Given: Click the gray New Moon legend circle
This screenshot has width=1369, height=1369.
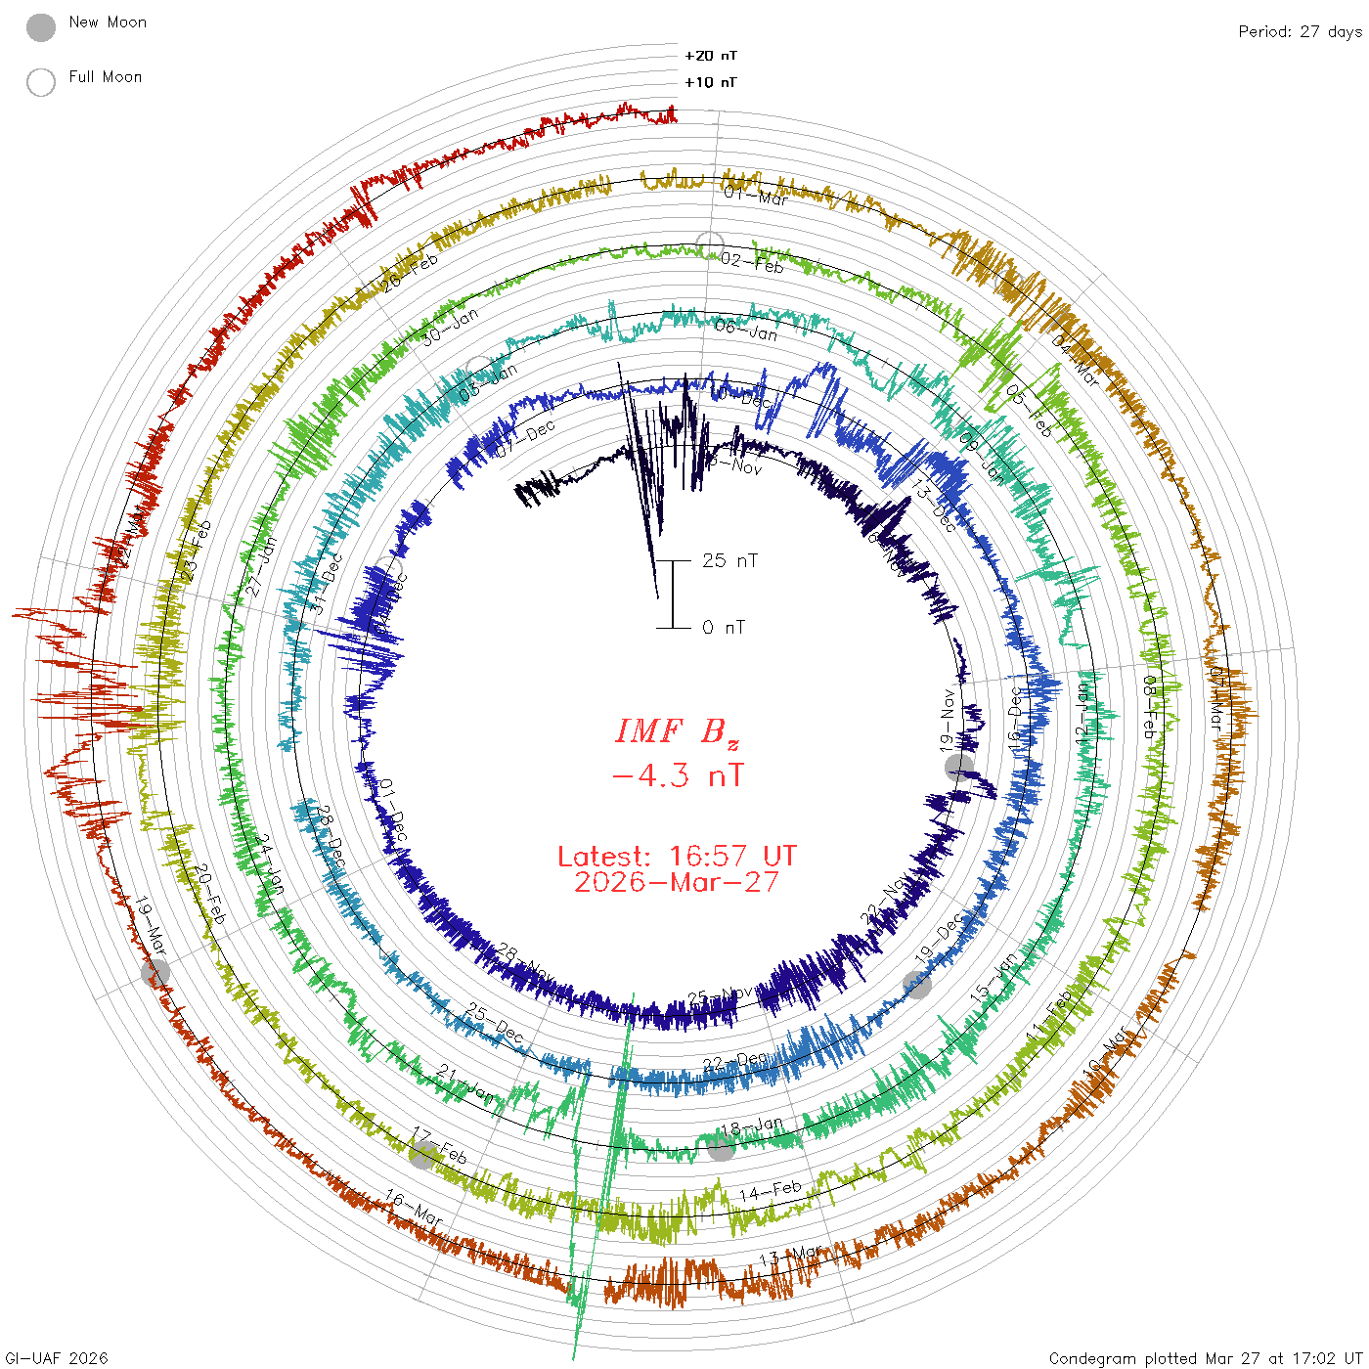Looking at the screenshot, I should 40,28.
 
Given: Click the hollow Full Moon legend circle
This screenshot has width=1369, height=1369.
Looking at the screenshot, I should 40,82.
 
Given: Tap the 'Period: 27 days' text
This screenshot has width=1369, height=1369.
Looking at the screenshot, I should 1300,31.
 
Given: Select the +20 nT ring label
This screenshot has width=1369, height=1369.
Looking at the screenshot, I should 711,56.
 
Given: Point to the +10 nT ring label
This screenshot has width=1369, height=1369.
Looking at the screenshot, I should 711,82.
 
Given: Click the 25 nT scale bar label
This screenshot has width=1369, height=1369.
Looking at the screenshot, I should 729,560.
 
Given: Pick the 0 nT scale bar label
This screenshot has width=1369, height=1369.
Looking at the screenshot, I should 724,627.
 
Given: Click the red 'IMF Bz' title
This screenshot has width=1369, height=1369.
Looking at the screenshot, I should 677,731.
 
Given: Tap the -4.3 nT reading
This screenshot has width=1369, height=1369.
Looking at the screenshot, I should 677,776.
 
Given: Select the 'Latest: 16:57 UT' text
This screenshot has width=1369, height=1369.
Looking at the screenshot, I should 677,857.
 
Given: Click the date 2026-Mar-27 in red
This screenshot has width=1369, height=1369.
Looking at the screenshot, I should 677,882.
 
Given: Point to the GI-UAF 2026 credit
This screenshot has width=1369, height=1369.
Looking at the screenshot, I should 57,1358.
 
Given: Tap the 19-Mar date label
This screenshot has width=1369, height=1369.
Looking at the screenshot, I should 151,925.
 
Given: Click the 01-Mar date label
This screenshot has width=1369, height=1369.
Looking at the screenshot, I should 756,196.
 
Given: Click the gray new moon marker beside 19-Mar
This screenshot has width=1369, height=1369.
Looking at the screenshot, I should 155,972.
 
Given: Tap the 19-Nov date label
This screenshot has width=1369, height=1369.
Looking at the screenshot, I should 948,720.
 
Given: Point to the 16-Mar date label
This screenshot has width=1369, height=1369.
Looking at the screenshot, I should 413,1209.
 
